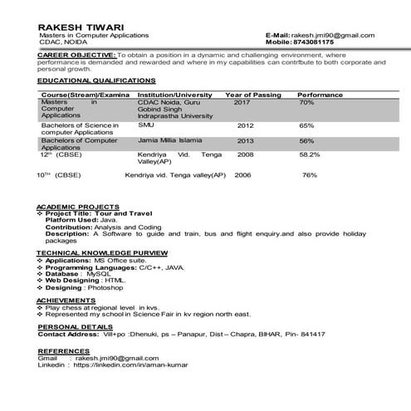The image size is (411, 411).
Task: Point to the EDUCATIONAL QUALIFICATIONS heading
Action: click(96, 81)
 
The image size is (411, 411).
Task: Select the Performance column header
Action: click(320, 95)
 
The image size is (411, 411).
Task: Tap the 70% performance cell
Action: click(306, 103)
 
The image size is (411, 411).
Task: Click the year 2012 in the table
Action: click(245, 125)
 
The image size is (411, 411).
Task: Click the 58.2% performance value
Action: click(310, 154)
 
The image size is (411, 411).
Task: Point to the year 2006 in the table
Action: click(242, 175)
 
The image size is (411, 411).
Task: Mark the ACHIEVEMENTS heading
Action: click(66, 299)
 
